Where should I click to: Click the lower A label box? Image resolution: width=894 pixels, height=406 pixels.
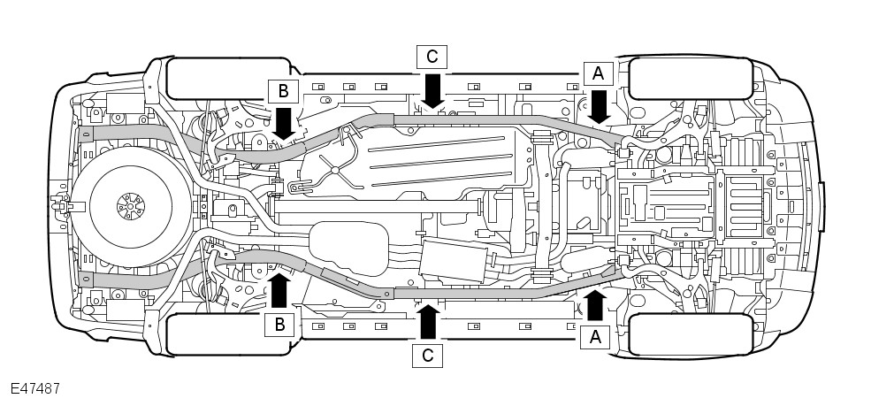[x=594, y=336]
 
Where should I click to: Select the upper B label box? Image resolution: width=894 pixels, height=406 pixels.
[x=283, y=90]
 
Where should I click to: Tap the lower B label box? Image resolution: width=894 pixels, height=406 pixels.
[x=279, y=325]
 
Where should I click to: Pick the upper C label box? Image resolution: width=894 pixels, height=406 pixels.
[x=432, y=57]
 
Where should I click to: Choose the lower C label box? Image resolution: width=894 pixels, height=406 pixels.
[x=428, y=356]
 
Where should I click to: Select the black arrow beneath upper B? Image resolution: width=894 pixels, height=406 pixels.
[x=283, y=122]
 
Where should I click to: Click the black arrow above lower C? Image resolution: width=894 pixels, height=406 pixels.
[x=428, y=322]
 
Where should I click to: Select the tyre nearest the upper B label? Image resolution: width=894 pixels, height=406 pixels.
[x=228, y=78]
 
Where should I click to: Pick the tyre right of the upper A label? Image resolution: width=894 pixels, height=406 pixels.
[x=691, y=78]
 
